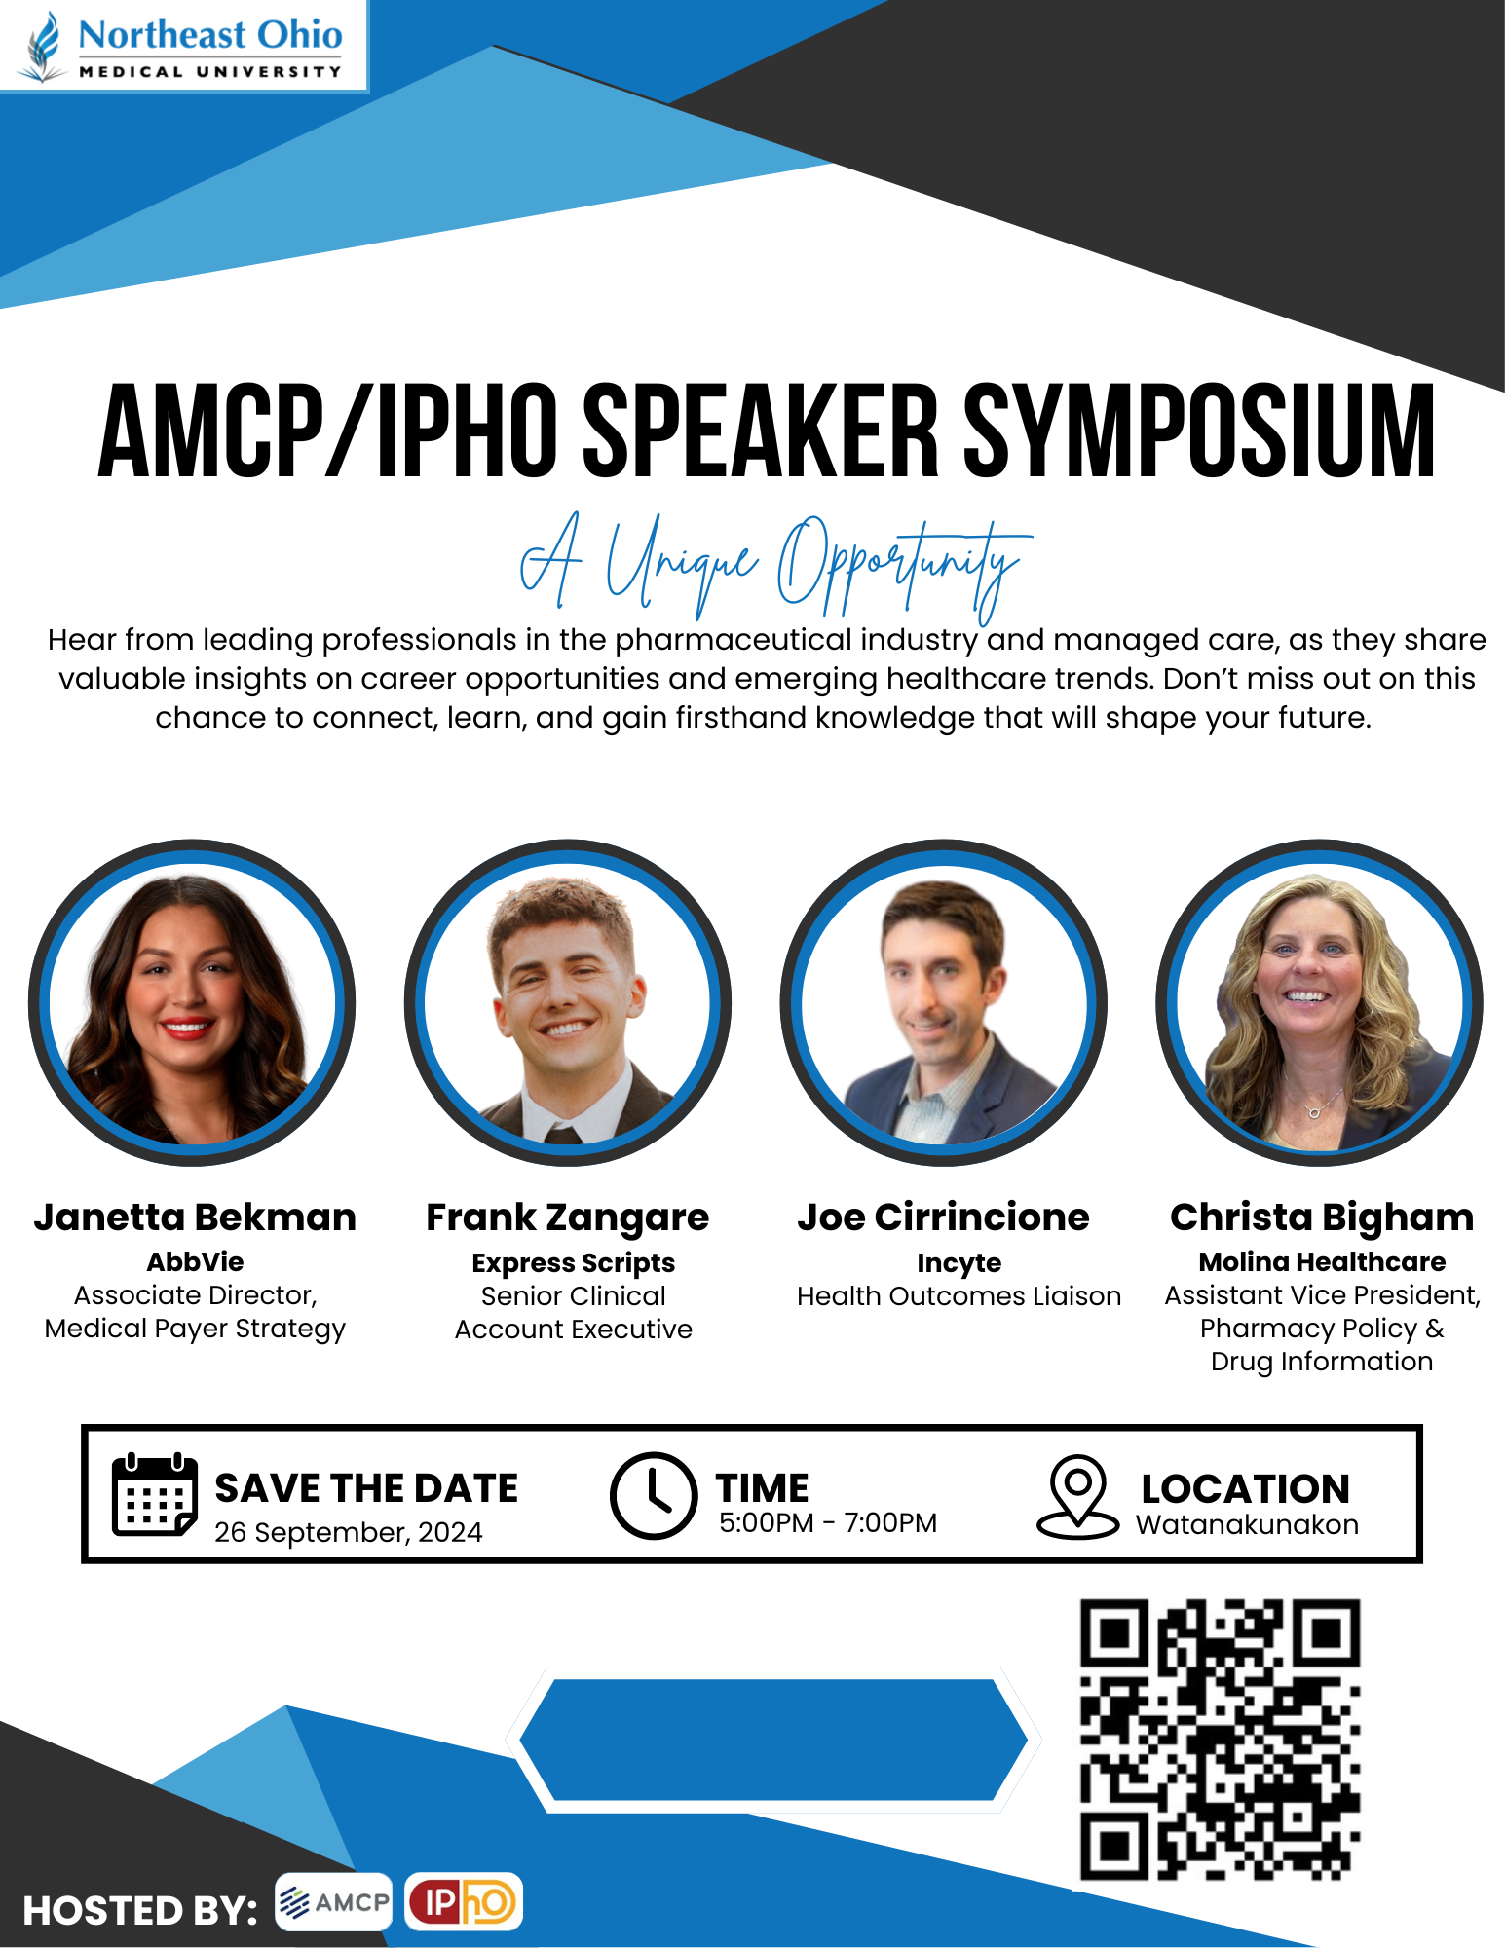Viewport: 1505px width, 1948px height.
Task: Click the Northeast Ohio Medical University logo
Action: click(183, 45)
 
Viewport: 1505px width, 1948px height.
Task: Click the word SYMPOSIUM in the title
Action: click(1199, 431)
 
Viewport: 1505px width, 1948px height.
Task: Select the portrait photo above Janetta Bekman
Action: click(192, 1002)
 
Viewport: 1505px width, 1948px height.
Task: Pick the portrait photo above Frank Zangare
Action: click(568, 1002)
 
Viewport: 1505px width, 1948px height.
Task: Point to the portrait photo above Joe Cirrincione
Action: click(943, 1002)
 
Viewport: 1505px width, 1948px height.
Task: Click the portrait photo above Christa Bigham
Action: click(1319, 1002)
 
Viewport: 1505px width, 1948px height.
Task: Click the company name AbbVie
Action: click(195, 1261)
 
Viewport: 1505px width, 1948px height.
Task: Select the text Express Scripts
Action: click(573, 1263)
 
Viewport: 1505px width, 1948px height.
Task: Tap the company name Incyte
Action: click(959, 1263)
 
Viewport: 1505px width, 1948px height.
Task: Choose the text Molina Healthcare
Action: click(1322, 1261)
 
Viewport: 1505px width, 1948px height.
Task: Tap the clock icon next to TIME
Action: click(653, 1495)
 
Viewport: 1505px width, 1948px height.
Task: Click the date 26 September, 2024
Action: click(348, 1532)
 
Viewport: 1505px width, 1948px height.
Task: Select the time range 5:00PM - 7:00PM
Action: click(828, 1522)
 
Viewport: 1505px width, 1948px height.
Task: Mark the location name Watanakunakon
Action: click(1247, 1524)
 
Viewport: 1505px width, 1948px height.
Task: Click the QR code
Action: click(1220, 1740)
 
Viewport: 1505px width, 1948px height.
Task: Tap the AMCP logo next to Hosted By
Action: click(333, 1901)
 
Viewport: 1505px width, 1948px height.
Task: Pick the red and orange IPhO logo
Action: click(464, 1901)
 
